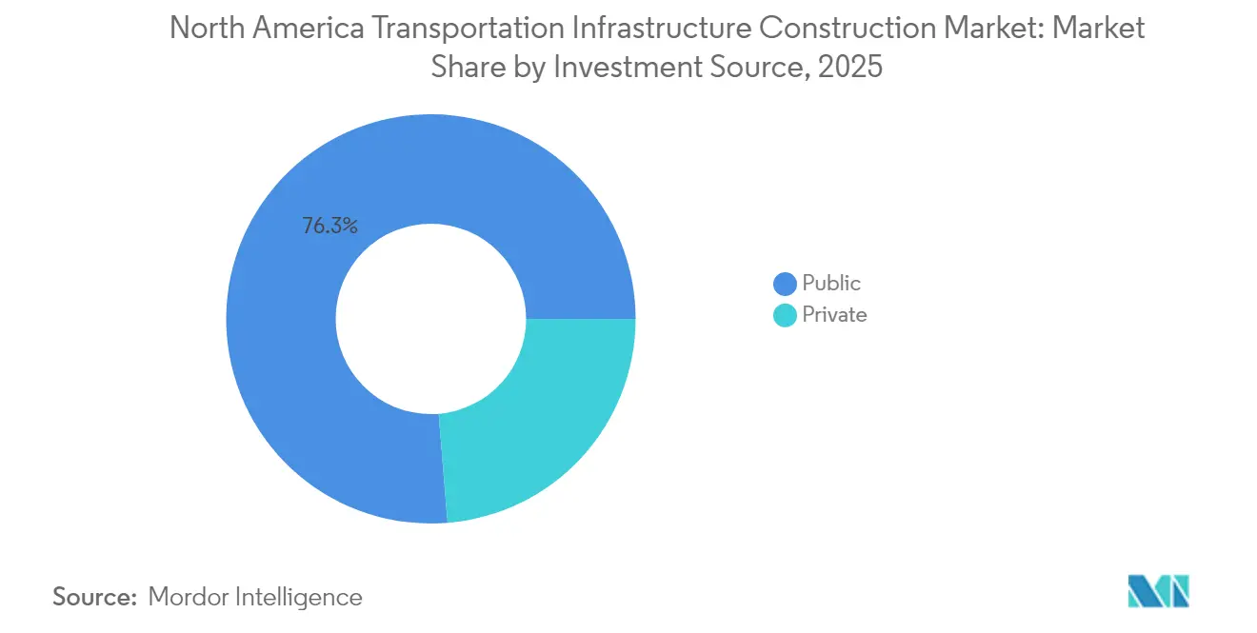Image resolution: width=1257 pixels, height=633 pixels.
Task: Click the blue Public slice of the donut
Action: pos(314,400)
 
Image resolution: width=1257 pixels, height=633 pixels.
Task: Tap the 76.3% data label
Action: pos(329,227)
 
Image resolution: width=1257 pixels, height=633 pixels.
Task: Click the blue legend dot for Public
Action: pos(785,284)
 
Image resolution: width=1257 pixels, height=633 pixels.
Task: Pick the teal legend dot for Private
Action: pos(785,315)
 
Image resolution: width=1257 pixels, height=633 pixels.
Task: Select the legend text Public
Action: pos(831,284)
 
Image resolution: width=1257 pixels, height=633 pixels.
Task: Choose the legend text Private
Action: pos(834,315)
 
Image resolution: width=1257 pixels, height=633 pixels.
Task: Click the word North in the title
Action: pos(203,29)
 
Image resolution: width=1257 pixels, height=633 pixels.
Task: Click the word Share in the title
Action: pos(465,69)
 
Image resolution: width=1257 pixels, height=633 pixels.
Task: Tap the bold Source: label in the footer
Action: pos(95,597)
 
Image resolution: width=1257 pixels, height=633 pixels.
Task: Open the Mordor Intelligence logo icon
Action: pos(1157,590)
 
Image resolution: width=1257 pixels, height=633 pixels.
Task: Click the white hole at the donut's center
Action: pos(430,319)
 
